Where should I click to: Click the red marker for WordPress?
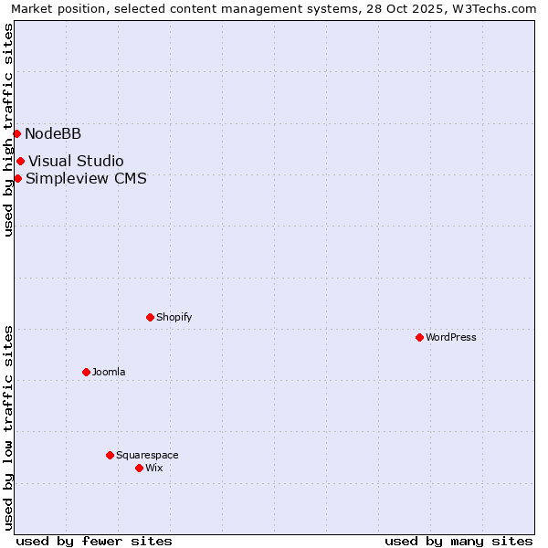pyautogui.click(x=419, y=337)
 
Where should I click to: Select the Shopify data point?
pyautogui.click(x=150, y=317)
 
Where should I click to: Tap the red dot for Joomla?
pyautogui.click(x=86, y=372)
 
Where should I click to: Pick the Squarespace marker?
pyautogui.click(x=110, y=455)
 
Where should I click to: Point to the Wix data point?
pyautogui.click(x=139, y=468)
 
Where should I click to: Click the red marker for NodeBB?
pyautogui.click(x=16, y=133)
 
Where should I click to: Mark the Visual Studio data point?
pyautogui.click(x=20, y=162)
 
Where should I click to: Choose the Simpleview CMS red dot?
pyautogui.click(x=17, y=178)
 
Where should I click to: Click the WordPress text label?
pyautogui.click(x=451, y=337)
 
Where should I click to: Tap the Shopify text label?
pyautogui.click(x=174, y=317)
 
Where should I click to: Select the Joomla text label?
pyautogui.click(x=109, y=372)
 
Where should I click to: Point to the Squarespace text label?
pyautogui.click(x=147, y=455)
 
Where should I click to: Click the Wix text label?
pyautogui.click(x=154, y=468)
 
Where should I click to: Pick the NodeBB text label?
pyautogui.click(x=53, y=133)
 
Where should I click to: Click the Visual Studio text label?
pyautogui.click(x=76, y=162)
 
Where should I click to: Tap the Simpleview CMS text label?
pyautogui.click(x=86, y=178)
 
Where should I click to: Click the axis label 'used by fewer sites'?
pyautogui.click(x=94, y=541)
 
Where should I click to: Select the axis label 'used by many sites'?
pyautogui.click(x=458, y=541)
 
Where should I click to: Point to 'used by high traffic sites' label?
pyautogui.click(x=8, y=130)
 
